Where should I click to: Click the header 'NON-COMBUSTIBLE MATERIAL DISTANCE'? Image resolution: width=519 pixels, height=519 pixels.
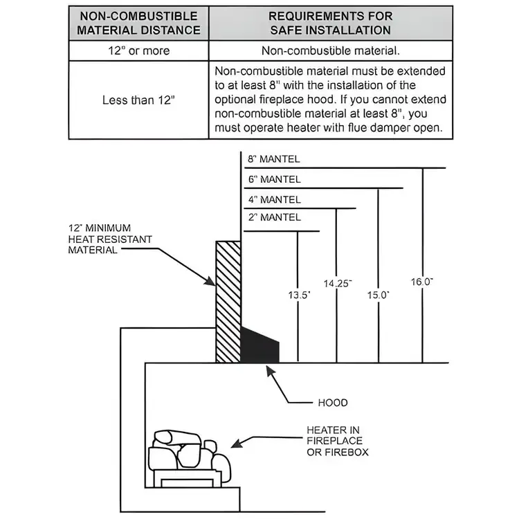coord(138,23)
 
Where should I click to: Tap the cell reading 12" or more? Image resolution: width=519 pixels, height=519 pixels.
coord(138,51)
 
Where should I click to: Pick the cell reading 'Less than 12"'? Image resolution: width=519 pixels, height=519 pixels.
coord(138,100)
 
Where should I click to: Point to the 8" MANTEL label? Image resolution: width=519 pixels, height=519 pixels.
coord(275,159)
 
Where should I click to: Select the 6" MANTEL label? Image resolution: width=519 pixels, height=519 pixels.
coord(275,179)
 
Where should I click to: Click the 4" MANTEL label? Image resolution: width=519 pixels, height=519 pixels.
coord(275,200)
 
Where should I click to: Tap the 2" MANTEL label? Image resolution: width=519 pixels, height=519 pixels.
coord(275,217)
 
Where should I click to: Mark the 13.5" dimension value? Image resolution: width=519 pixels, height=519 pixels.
coord(298,294)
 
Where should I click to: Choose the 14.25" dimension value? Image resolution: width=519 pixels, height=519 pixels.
coord(337,283)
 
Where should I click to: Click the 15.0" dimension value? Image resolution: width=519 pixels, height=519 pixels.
coord(378,294)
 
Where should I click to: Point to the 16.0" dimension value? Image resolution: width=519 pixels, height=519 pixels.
coord(421,282)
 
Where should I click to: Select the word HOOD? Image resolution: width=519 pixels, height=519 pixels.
coord(333,403)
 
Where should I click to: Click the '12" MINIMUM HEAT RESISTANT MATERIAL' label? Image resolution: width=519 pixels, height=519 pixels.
coord(109,239)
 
